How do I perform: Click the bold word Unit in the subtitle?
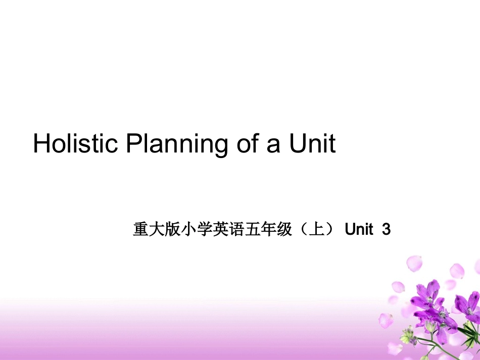(x=358, y=230)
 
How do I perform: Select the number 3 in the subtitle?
(x=387, y=230)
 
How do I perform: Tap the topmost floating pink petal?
(x=414, y=263)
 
